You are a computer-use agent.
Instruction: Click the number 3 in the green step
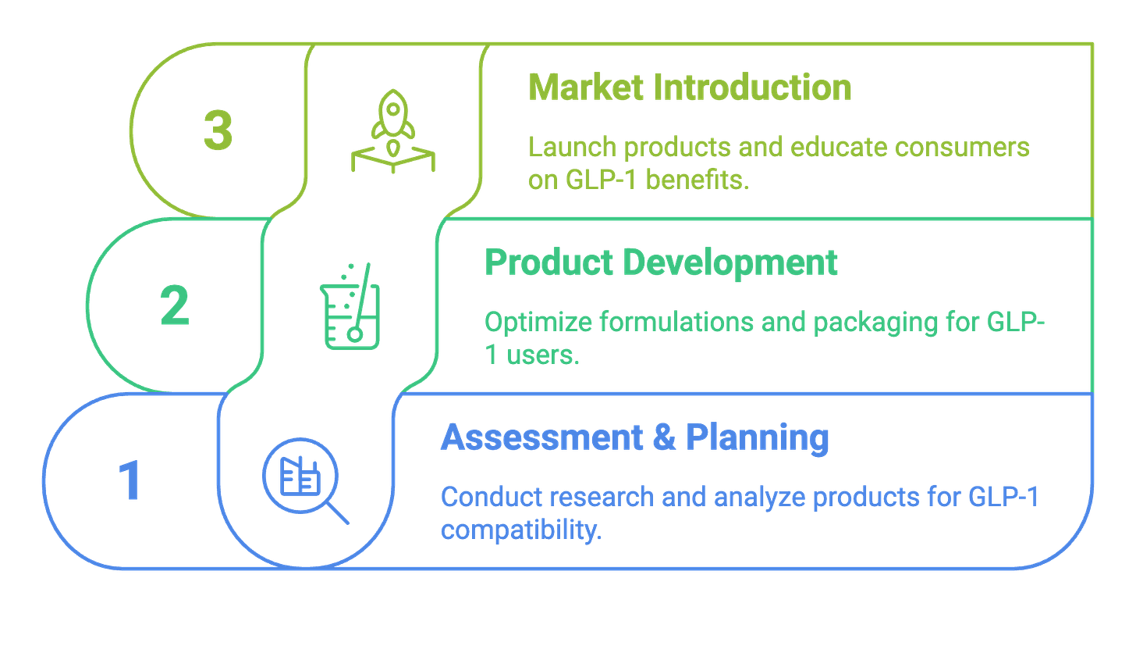pos(218,130)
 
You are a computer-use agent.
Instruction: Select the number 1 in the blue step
pos(130,480)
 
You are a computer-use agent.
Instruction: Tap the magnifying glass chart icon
pos(305,480)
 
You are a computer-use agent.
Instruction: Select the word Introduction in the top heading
pos(752,88)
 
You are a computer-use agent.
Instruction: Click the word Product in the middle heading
pos(547,263)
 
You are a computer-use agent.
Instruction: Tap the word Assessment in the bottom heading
pos(539,438)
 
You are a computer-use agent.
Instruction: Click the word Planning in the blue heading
pos(757,438)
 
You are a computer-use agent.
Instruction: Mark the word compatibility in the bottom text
pos(521,532)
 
